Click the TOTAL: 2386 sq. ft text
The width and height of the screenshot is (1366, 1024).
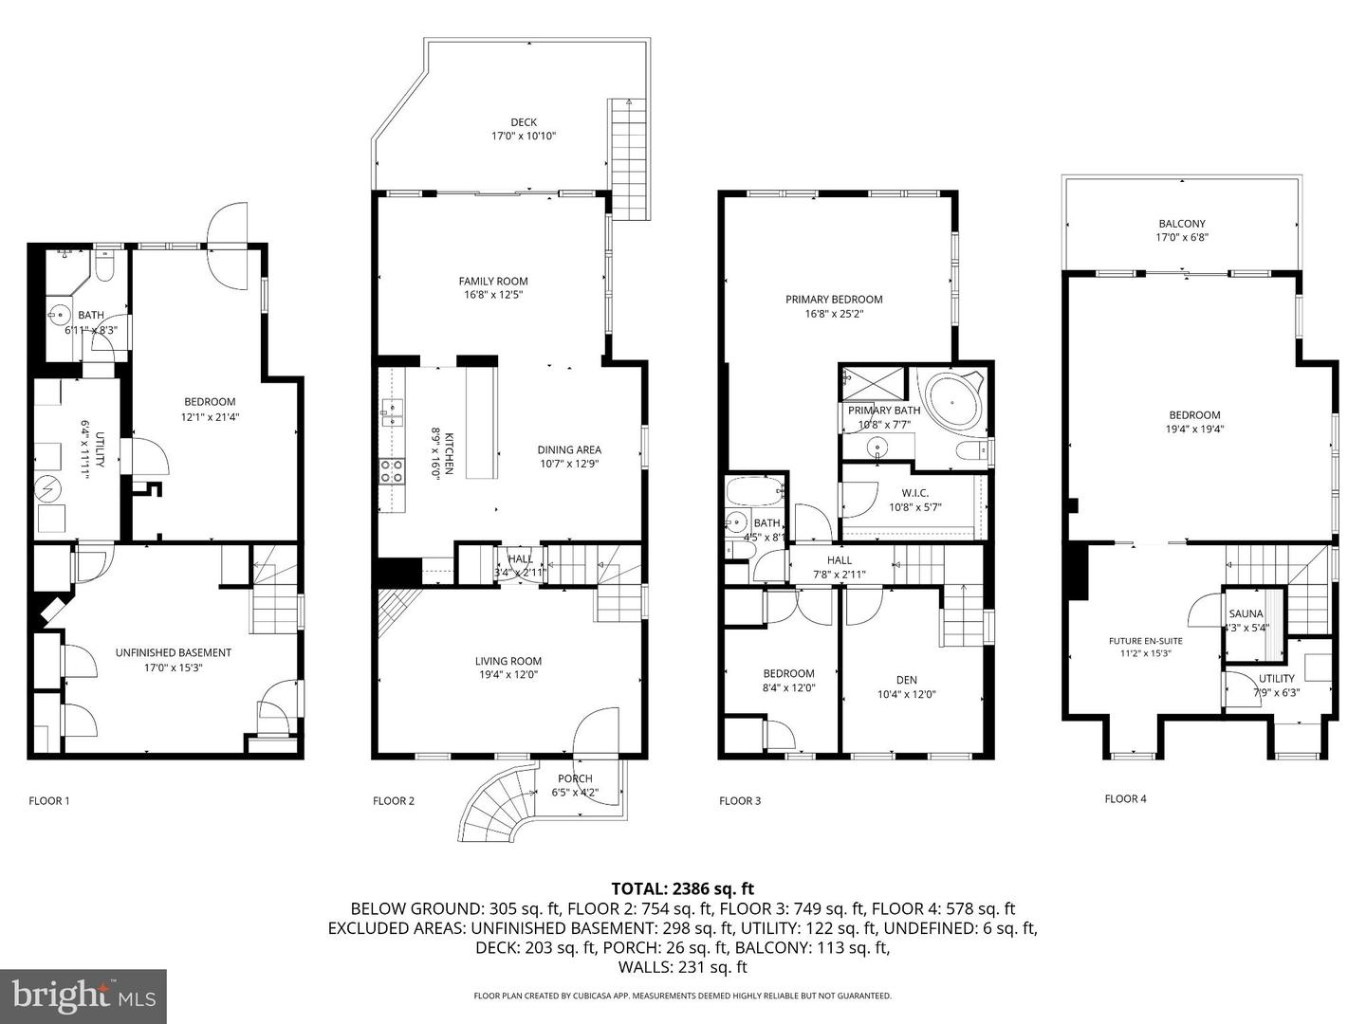682,888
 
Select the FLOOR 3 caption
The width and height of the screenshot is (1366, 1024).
740,800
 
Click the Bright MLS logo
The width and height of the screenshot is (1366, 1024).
83,996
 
